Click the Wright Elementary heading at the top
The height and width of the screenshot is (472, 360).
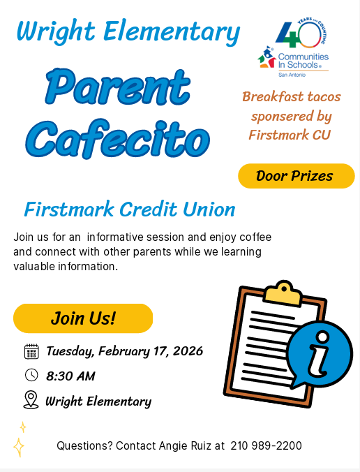pyautogui.click(x=128, y=31)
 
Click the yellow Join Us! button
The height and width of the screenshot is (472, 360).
pyautogui.click(x=82, y=318)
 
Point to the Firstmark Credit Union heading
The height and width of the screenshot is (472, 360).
pyautogui.click(x=130, y=209)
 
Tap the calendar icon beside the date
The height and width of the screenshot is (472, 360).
pyautogui.click(x=31, y=351)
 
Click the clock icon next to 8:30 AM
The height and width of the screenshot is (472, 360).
pyautogui.click(x=31, y=375)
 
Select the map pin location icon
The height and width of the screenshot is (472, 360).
pyautogui.click(x=31, y=399)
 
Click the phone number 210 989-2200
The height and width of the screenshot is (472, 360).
pyautogui.click(x=266, y=445)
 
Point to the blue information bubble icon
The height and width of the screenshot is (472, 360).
pyautogui.click(x=320, y=355)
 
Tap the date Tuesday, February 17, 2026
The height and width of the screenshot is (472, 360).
pyautogui.click(x=124, y=351)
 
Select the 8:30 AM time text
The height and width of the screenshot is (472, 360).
pyautogui.click(x=70, y=376)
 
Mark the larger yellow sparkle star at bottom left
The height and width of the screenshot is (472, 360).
pyautogui.click(x=19, y=447)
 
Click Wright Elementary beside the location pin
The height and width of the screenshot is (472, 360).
pyautogui.click(x=98, y=401)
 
